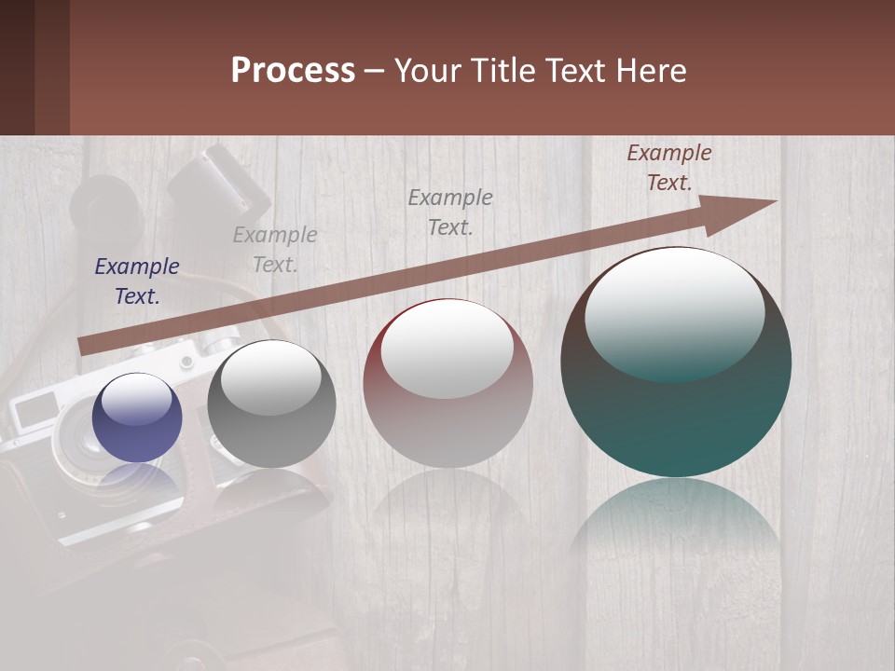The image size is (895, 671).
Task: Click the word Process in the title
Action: (293, 71)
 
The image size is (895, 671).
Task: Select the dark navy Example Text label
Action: (137, 281)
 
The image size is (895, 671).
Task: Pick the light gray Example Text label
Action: (275, 250)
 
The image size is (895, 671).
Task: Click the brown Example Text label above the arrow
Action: (669, 168)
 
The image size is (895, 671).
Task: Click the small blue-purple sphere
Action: (137, 418)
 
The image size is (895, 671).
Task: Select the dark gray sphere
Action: (271, 404)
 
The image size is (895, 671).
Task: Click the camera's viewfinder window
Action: (35, 408)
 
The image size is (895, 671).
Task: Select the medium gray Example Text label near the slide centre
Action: (450, 212)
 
